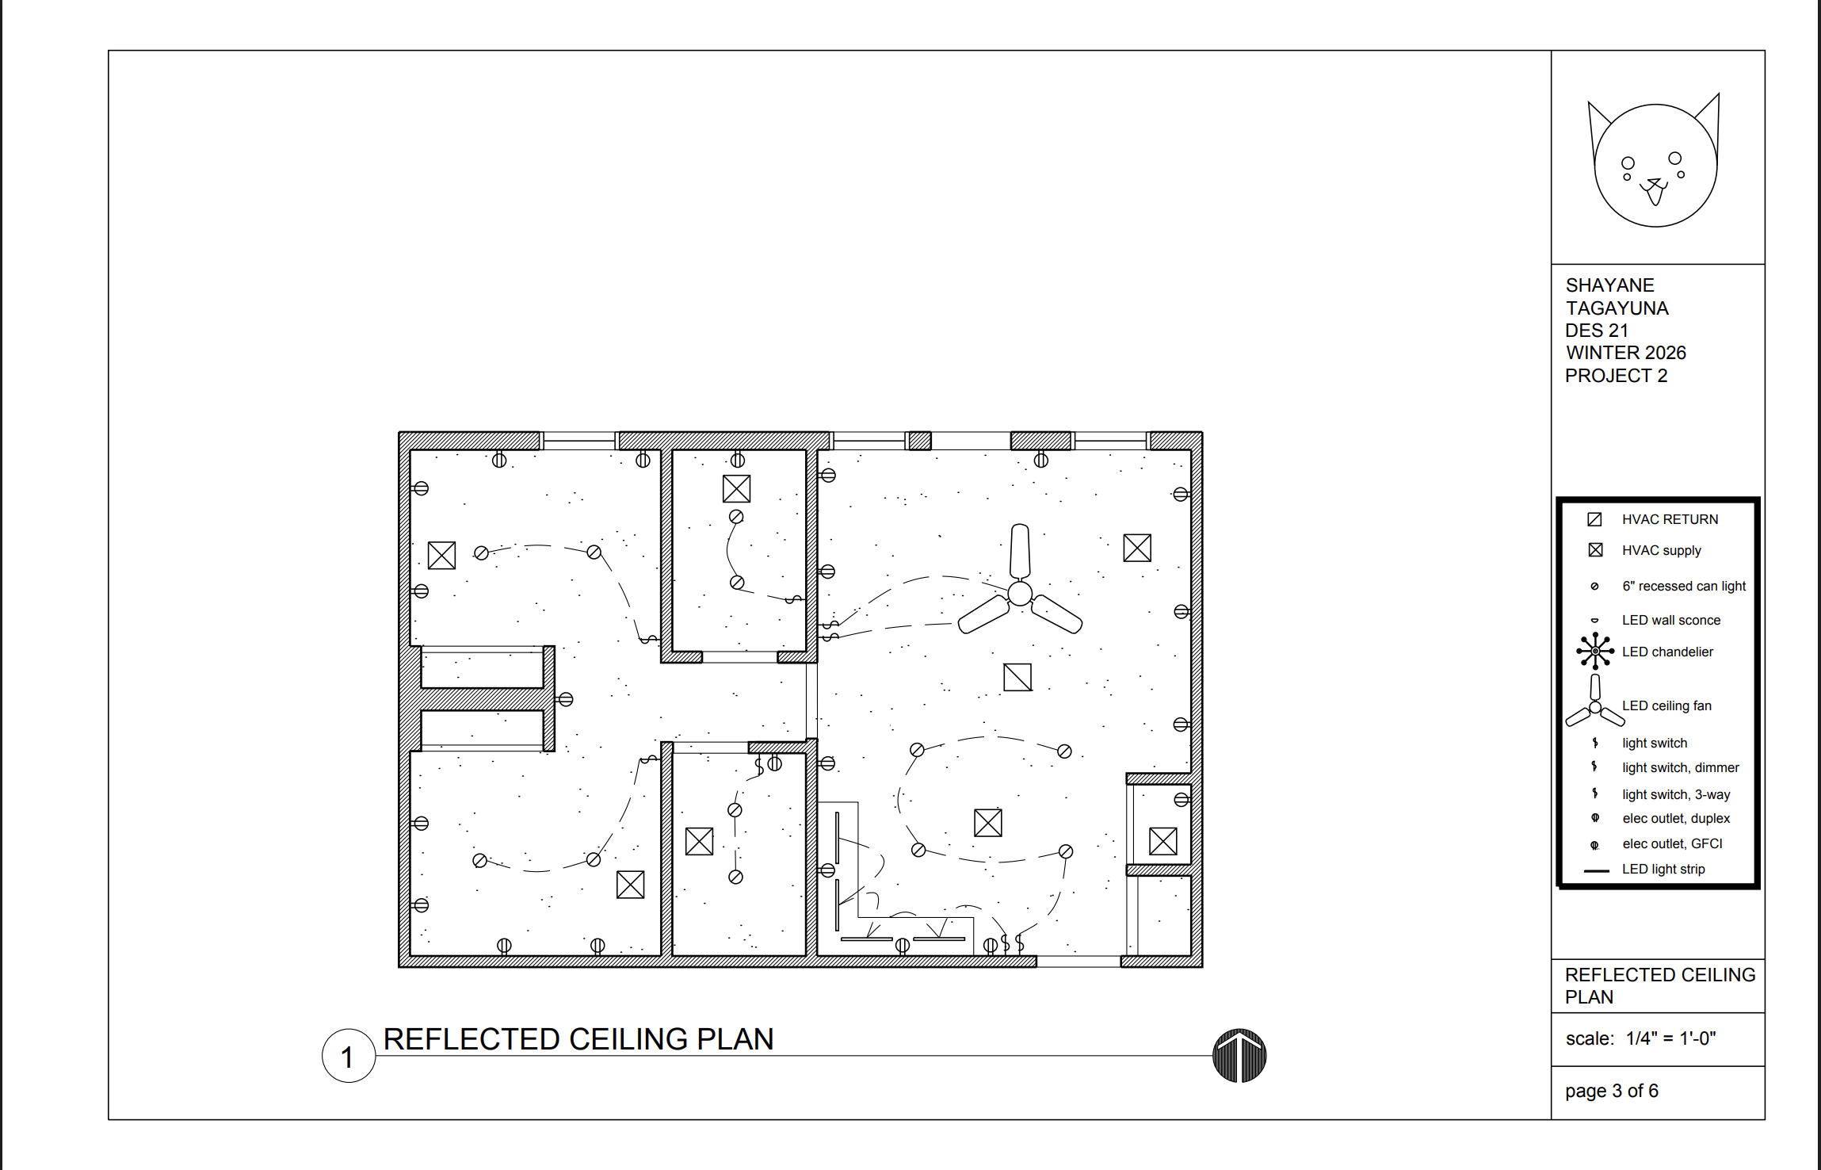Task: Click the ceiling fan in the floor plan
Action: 1020,593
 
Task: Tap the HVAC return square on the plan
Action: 1017,677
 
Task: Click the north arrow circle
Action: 1239,1056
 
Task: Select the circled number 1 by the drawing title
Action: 348,1056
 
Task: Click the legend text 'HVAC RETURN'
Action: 1670,519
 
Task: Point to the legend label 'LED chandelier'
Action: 1667,652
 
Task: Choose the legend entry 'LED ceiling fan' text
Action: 1666,705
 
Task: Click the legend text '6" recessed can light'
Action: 1684,586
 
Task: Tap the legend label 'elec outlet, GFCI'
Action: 1672,843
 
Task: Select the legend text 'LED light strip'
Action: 1663,869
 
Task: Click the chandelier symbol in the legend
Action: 1595,651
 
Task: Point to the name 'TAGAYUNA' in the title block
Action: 1617,308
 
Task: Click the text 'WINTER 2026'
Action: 1625,353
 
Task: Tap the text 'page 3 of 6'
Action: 1612,1091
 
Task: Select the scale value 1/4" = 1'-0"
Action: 1670,1038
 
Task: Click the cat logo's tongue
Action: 1655,195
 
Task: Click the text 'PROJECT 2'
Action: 1616,376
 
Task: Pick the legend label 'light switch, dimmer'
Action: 1680,767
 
